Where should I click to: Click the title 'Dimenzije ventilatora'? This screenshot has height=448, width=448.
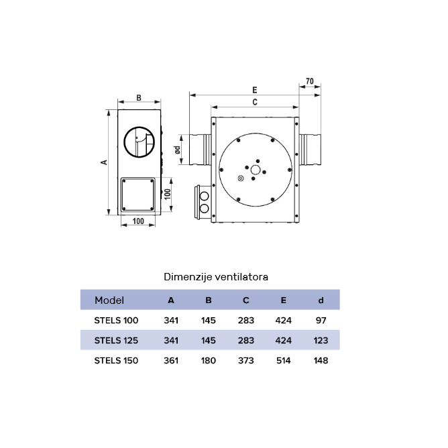216,277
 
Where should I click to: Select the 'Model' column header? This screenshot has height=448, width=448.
109,300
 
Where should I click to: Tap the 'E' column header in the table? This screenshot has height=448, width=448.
283,300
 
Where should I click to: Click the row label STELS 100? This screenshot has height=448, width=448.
116,321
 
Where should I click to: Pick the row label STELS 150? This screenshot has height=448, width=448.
116,361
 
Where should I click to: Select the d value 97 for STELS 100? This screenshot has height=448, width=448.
321,321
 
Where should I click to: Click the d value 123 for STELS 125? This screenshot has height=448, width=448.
321,341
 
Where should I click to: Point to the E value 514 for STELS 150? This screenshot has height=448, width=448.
284,361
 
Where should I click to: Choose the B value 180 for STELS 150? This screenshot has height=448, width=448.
209,361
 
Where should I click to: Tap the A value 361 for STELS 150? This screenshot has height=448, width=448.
171,361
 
